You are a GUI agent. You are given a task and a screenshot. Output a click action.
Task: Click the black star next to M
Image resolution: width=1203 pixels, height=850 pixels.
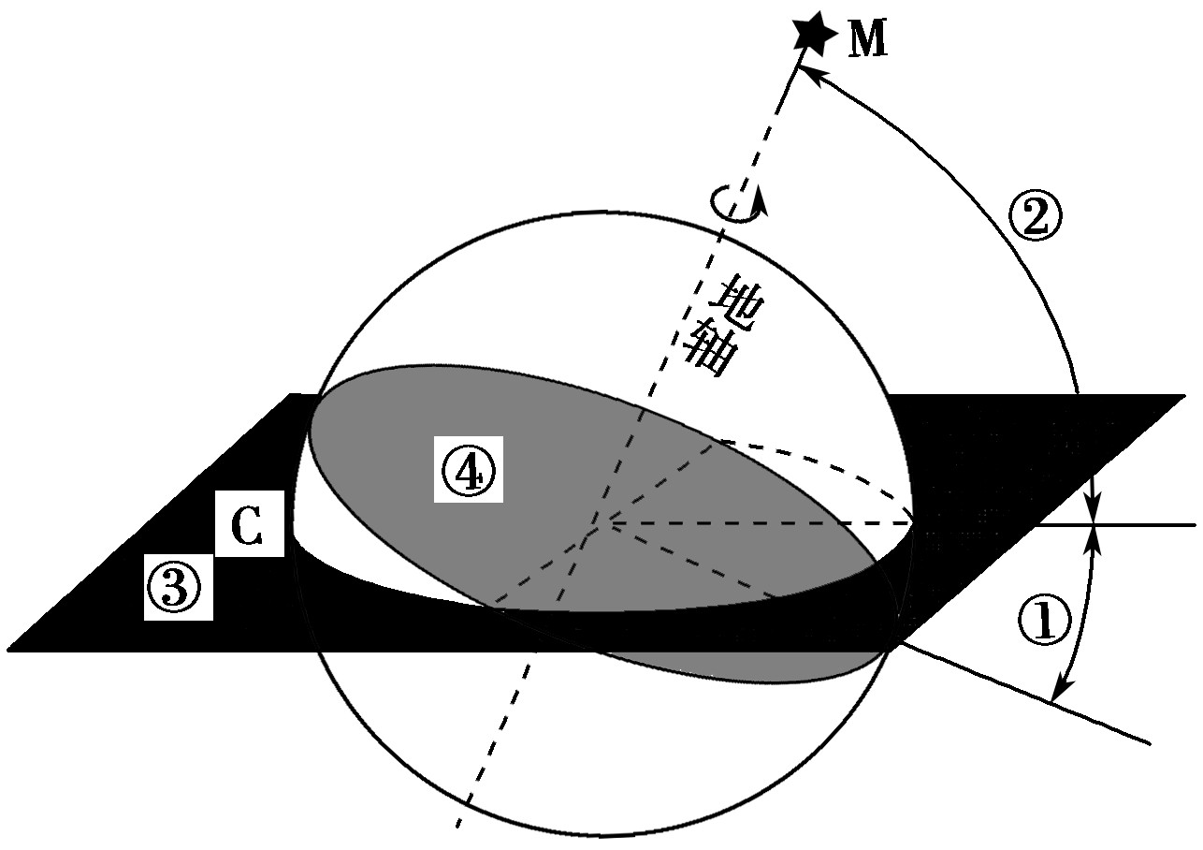pos(811,33)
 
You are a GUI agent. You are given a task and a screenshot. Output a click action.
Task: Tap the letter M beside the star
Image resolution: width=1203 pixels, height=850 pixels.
pos(869,41)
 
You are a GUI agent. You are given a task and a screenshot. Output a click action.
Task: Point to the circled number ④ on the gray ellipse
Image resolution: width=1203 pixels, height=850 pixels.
pos(469,469)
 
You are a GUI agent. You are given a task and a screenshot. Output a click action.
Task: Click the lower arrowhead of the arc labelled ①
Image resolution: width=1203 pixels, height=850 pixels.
pos(1054,697)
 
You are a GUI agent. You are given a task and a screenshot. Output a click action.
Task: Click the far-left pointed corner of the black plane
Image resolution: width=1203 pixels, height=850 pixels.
pos(9,649)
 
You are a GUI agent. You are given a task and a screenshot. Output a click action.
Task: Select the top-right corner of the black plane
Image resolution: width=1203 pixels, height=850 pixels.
pos(1184,396)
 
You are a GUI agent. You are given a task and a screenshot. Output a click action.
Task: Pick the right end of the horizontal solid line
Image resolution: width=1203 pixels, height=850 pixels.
pos(1196,525)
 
